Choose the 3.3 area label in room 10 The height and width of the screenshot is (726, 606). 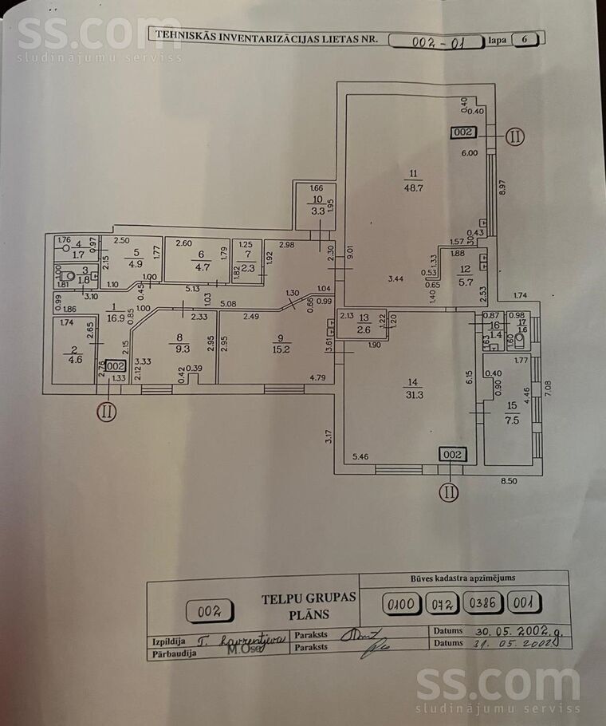[x=318, y=212]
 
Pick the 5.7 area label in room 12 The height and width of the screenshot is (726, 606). [x=465, y=281]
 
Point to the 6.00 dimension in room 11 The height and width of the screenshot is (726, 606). [x=470, y=153]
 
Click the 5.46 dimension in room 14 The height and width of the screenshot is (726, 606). [x=361, y=457]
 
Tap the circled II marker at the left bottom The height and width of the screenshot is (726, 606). [x=107, y=412]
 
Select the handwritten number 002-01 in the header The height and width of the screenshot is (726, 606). [x=435, y=39]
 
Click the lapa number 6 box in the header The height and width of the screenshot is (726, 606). [x=529, y=38]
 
